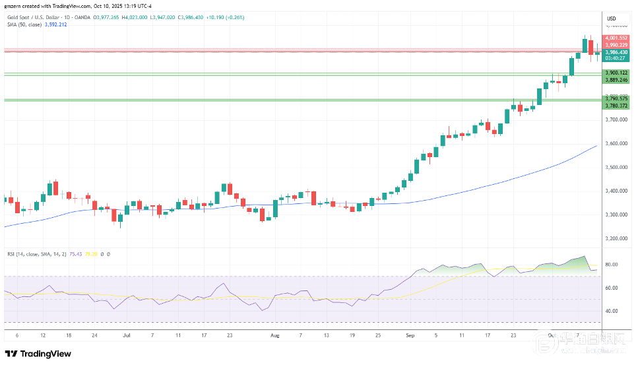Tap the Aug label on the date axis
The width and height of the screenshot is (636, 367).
coord(275,335)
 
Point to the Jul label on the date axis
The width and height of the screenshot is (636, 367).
coord(126,335)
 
